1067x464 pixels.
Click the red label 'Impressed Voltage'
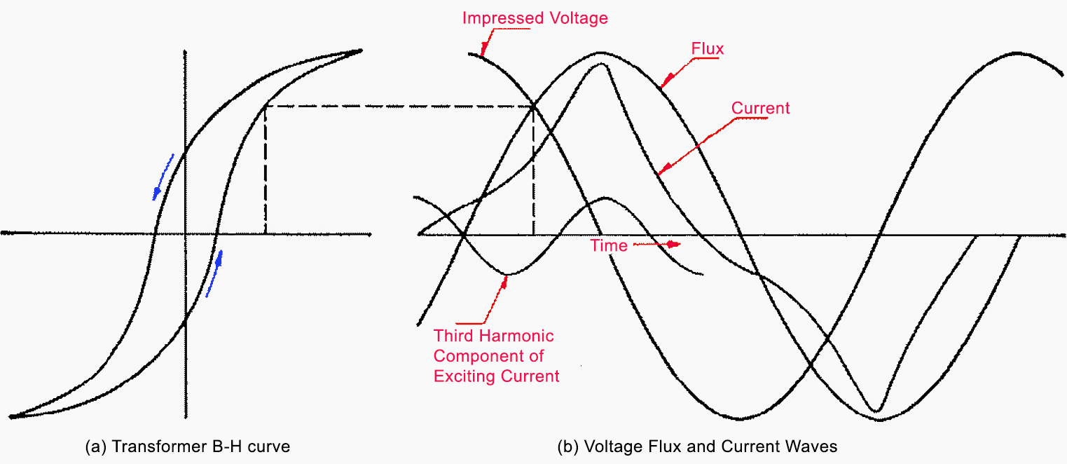(x=535, y=18)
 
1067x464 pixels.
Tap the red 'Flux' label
(x=707, y=49)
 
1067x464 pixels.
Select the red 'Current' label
(x=760, y=108)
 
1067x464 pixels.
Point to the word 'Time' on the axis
(x=608, y=245)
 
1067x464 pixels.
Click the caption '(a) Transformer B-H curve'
(x=186, y=446)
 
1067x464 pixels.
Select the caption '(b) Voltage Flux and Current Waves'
(x=697, y=446)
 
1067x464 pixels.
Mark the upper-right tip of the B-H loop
(x=361, y=50)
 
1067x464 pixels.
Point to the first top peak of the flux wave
(x=600, y=53)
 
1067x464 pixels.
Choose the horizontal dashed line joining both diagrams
(x=399, y=107)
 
